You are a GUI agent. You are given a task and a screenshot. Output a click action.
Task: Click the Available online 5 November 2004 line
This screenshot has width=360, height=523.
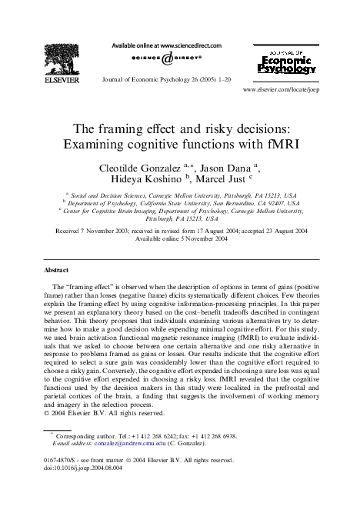[180, 238]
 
